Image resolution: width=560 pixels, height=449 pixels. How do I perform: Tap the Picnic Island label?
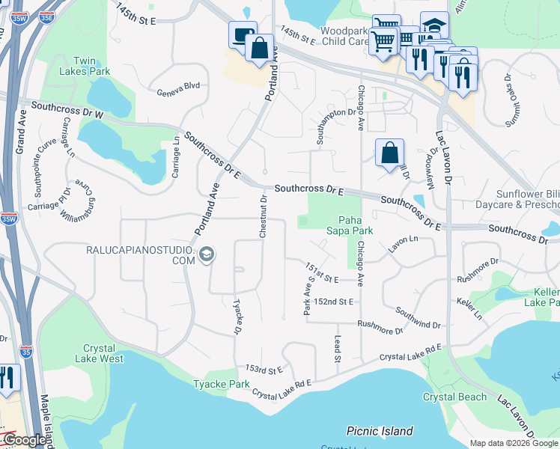click(x=380, y=431)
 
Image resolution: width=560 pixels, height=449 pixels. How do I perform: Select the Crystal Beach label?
click(x=454, y=397)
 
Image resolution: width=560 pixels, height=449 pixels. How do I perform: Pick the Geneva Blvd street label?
click(x=178, y=86)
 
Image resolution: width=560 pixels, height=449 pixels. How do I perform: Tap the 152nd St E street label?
click(x=333, y=301)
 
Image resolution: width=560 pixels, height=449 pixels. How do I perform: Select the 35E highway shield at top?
click(x=46, y=15)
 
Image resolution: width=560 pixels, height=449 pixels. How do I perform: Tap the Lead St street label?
click(x=338, y=349)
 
